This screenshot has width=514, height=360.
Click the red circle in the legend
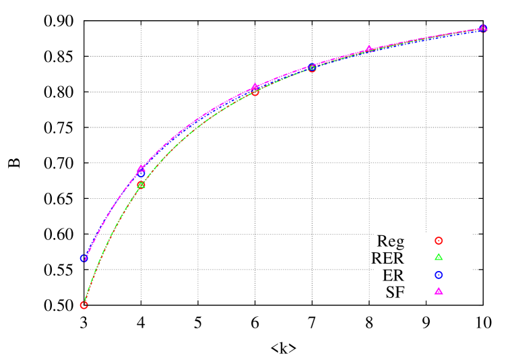(x=439, y=241)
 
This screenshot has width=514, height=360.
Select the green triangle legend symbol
(x=439, y=257)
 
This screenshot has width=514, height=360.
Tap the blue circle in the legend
(x=439, y=275)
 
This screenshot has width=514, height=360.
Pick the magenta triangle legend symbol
(x=439, y=291)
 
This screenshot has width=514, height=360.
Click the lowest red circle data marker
(x=84, y=305)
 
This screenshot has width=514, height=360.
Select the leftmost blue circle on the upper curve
(x=84, y=258)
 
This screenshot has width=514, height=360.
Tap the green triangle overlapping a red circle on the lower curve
(x=141, y=185)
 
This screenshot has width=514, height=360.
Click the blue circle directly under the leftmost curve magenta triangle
(x=141, y=174)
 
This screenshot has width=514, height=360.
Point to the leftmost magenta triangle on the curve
(x=141, y=168)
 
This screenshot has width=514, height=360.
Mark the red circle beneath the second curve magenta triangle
(x=255, y=92)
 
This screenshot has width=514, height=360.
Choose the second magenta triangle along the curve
(x=255, y=87)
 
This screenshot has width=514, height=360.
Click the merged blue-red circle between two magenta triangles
(x=312, y=68)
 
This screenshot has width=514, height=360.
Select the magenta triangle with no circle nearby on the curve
(x=368, y=49)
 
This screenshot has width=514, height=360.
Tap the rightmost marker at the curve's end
(x=483, y=28)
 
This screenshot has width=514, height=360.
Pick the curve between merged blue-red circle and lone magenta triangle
(x=340, y=57)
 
